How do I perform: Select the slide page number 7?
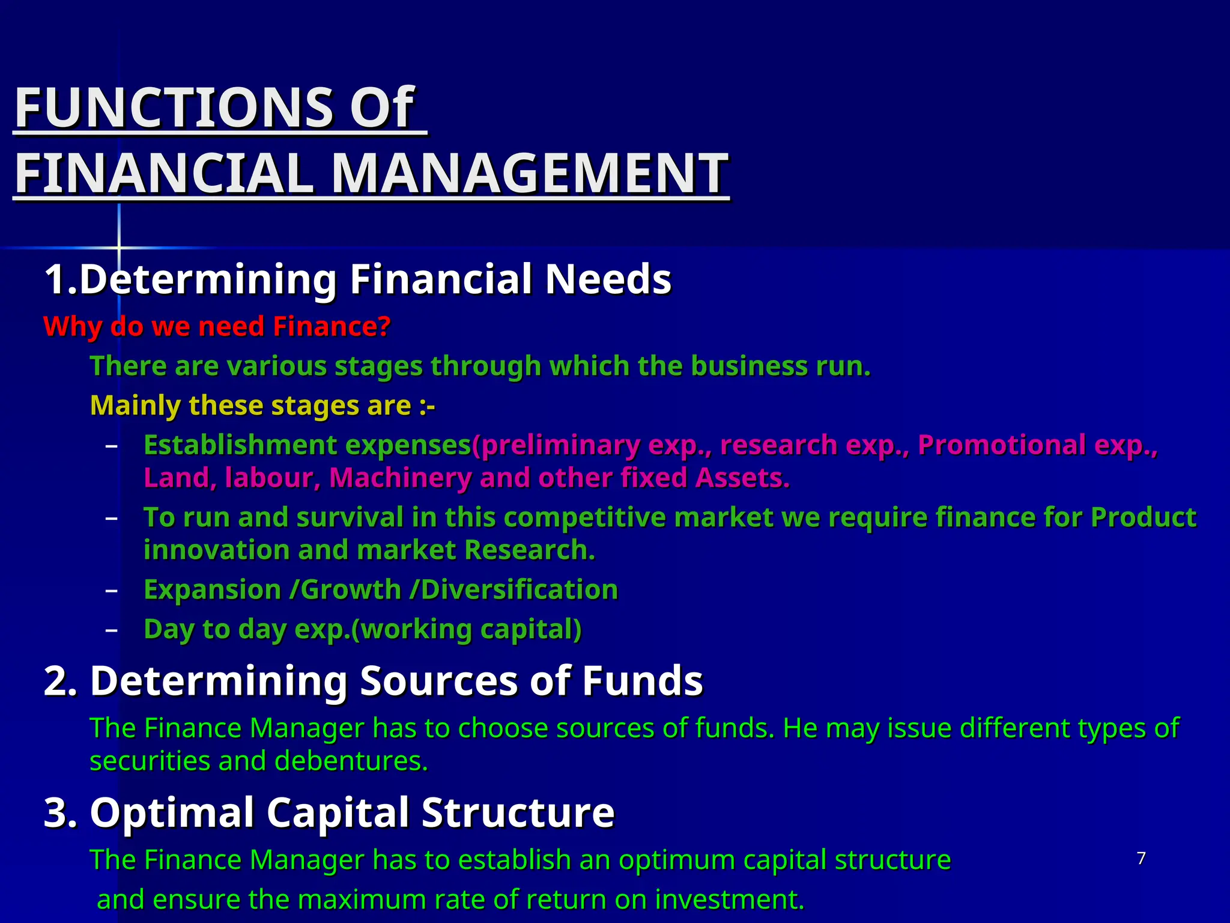[x=1141, y=858]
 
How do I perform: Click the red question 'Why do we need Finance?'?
[x=217, y=327]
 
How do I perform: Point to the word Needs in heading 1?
[x=608, y=279]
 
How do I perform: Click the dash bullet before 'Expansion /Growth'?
[x=111, y=591]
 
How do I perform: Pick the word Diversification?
[x=520, y=590]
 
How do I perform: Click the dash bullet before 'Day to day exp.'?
[x=111, y=630]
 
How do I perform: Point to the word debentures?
[x=351, y=761]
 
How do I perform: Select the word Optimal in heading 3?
[x=172, y=812]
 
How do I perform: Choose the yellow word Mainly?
[x=135, y=406]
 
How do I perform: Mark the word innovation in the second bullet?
[x=217, y=550]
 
